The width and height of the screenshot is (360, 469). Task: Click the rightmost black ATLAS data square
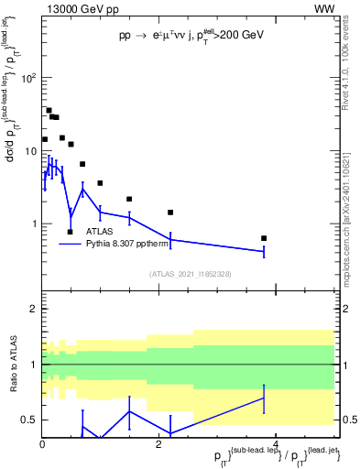coord(264,238)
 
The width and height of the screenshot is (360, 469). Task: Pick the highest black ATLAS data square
coord(49,111)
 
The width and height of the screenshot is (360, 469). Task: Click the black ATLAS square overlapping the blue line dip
coord(71,232)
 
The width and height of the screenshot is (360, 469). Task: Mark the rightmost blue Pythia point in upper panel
coord(264,251)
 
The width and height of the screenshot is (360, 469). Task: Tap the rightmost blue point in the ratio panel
coord(264,398)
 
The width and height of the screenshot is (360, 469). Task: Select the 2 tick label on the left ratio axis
coord(32,310)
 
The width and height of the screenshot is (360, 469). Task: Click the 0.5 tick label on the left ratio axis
coord(28,420)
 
